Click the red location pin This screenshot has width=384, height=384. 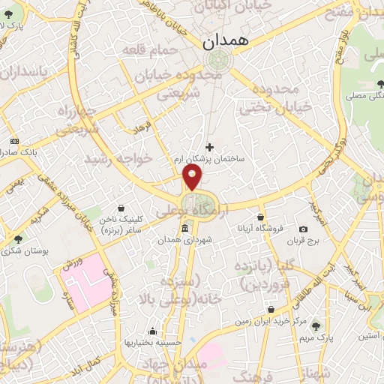pyautogui.click(x=193, y=178)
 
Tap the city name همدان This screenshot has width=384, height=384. pyautogui.click(x=224, y=44)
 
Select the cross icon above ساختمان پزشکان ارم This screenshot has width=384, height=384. pyautogui.click(x=209, y=146)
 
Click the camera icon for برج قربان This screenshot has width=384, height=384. pyautogui.click(x=303, y=229)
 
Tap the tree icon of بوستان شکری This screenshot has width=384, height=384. pyautogui.click(x=17, y=239)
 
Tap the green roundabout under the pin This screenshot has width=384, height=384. pyautogui.click(x=200, y=202)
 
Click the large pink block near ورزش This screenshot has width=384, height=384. pyautogui.click(x=85, y=280)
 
